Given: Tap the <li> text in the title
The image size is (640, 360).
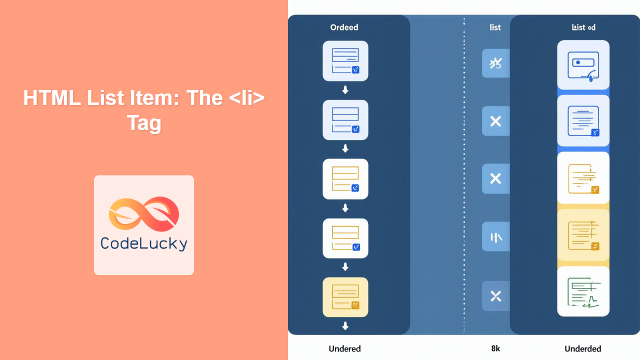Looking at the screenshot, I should (245, 98).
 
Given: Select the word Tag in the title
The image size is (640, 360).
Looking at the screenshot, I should (144, 123).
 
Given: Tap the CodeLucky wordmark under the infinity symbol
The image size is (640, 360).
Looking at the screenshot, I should (144, 243).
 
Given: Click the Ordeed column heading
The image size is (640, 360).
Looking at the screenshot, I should (344, 27).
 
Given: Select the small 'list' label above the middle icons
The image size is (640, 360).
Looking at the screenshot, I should (495, 27).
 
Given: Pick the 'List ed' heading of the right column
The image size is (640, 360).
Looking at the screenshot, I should (583, 27).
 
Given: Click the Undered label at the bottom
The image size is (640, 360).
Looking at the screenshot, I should (344, 348).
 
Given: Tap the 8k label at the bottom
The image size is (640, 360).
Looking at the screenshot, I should (495, 348).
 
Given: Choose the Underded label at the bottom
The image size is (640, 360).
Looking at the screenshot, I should (582, 348).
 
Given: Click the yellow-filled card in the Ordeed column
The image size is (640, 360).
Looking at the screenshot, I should (345, 297).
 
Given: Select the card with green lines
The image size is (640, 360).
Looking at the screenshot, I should (583, 291).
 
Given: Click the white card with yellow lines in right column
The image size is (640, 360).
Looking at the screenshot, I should (583, 178).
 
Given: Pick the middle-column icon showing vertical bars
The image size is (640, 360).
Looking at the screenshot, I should (495, 237).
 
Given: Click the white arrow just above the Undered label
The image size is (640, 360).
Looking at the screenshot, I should (345, 326).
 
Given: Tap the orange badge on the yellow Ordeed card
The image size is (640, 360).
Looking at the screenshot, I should (355, 305).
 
